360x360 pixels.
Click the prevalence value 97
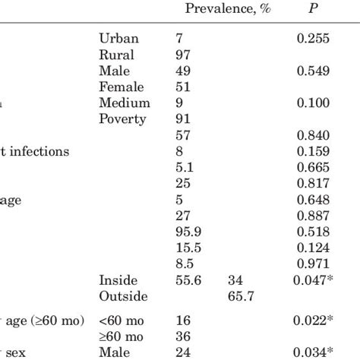pyautogui.click(x=182, y=55)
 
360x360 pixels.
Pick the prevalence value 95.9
pyautogui.click(x=186, y=231)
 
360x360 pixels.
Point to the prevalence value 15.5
pyautogui.click(x=186, y=247)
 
